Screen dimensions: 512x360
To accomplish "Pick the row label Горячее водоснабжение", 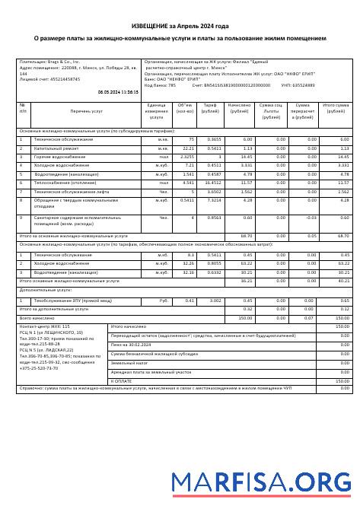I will coord(55,156).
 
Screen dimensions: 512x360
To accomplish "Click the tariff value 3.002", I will coord(215,301).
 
